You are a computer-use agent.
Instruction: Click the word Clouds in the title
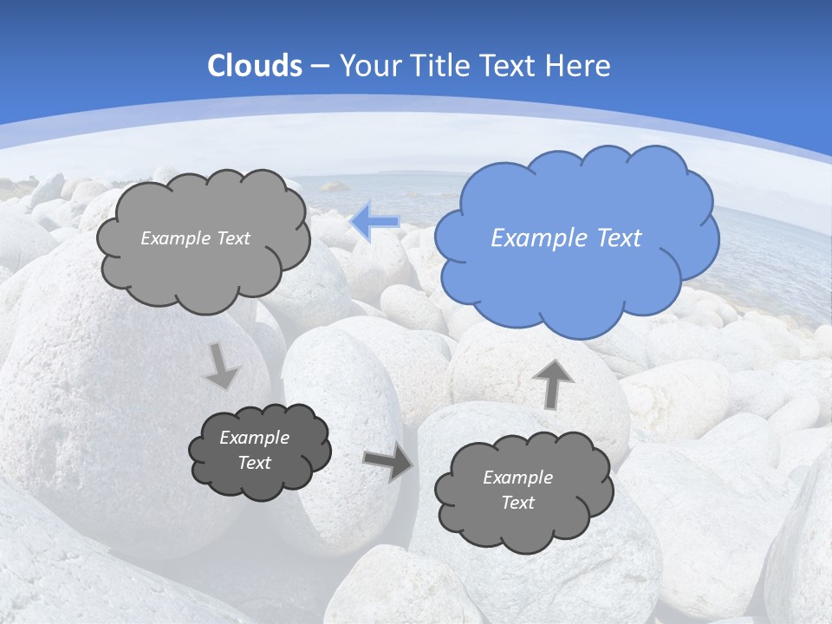[x=255, y=66]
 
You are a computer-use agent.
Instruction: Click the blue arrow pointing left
[x=375, y=222]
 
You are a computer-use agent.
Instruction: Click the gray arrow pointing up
[x=553, y=383]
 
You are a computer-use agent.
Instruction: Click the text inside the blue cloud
[x=566, y=238]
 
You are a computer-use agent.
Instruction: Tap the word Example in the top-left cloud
[x=174, y=238]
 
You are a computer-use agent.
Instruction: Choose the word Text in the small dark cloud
[x=254, y=464]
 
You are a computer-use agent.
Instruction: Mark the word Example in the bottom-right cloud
[x=517, y=478]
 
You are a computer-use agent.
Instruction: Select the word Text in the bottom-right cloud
[x=517, y=504]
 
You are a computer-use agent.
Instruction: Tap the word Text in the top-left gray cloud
[x=232, y=238]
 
